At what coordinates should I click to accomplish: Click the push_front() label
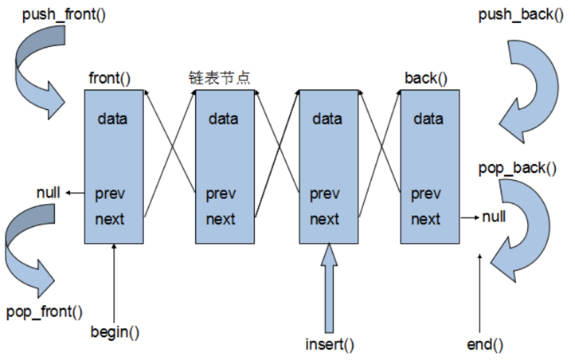pos(64,15)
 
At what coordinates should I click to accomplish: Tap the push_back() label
pos(521,15)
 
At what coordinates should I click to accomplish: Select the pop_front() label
pos(45,312)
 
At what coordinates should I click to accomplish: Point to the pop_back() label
pos(517,168)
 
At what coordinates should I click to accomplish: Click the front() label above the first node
pos(109,78)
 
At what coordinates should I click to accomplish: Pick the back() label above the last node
pos(426,78)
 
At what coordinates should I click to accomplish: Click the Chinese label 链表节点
pos(219,78)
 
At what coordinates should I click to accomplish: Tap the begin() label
pos(115,332)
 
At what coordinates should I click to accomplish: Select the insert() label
pos(330,344)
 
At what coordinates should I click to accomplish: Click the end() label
pos(485,345)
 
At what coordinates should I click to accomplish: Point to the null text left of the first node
pos(49,193)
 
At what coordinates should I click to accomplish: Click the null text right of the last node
pos(494,217)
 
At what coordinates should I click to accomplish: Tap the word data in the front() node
pos(112,119)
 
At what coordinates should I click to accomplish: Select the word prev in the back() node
pos(425,194)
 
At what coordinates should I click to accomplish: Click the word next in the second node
pos(221,219)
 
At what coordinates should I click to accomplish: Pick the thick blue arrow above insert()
pos(329,288)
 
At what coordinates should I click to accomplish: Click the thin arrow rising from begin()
pos(114,284)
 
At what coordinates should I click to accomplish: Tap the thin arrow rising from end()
pos(479,293)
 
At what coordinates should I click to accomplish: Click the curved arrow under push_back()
pos(547,88)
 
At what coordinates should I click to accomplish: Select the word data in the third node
pos(327,119)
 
